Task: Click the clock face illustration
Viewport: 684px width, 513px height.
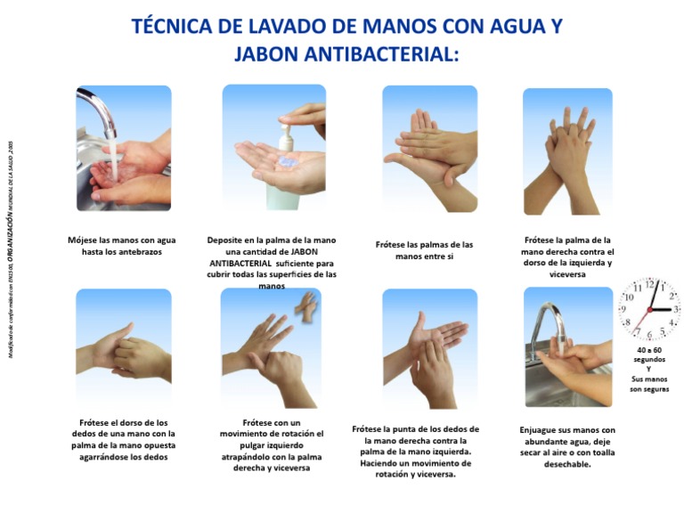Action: pyautogui.click(x=650, y=309)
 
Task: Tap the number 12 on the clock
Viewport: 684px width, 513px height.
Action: pyautogui.click(x=650, y=286)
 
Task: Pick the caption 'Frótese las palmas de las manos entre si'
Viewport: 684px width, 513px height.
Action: pyautogui.click(x=424, y=249)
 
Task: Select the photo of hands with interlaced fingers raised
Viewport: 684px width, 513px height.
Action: pyautogui.click(x=567, y=151)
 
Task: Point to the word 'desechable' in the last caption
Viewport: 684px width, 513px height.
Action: pyautogui.click(x=566, y=464)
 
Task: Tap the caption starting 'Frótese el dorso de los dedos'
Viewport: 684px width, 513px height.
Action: pyautogui.click(x=123, y=439)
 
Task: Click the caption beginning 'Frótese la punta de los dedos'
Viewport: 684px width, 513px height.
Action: pyautogui.click(x=415, y=452)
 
